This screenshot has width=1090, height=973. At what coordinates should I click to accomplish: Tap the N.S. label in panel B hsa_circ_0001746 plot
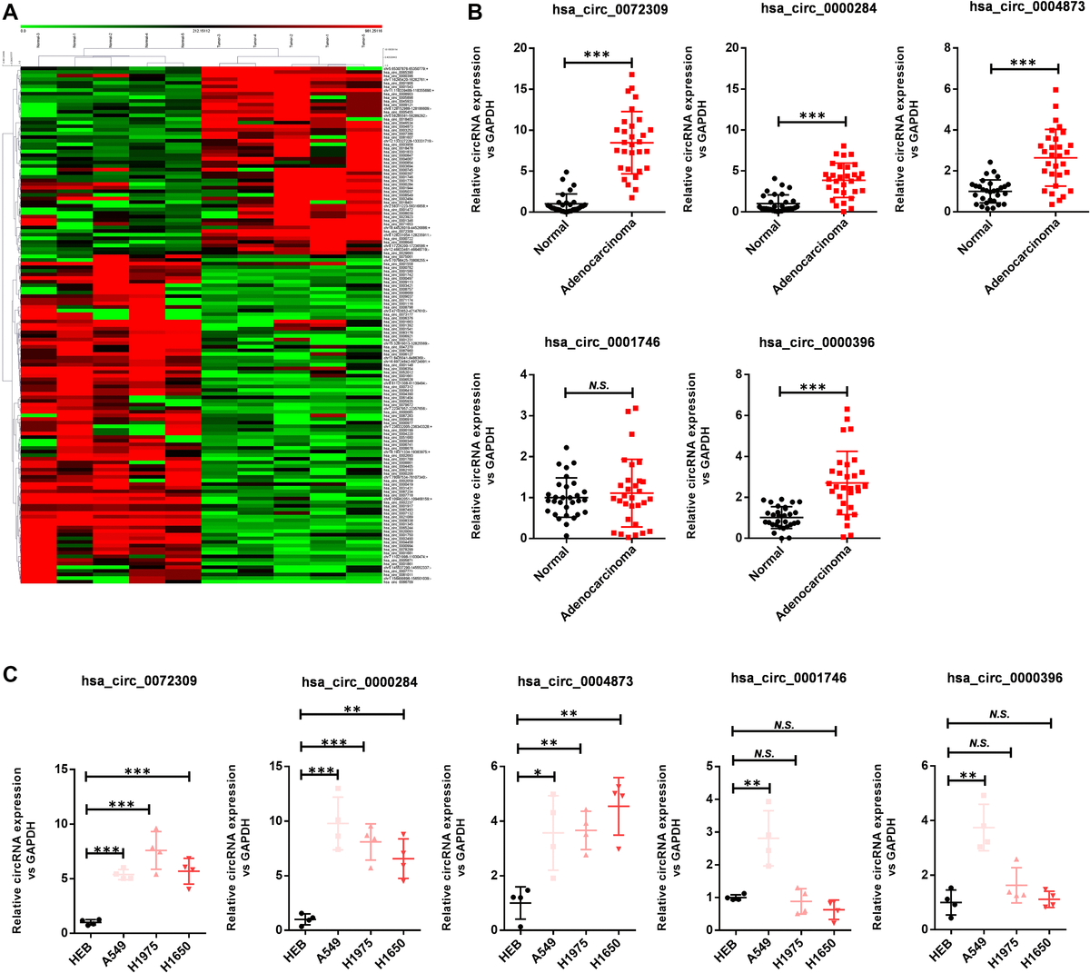[x=599, y=385]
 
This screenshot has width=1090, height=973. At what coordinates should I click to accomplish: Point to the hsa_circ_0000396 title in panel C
[x=1004, y=679]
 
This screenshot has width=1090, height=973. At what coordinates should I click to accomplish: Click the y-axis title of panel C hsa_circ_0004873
[x=454, y=847]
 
